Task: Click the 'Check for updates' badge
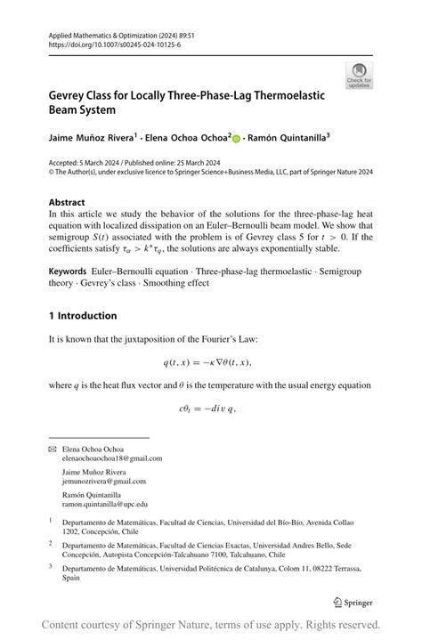coord(360,75)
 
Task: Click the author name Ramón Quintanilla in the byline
coord(288,138)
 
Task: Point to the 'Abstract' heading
coord(67,202)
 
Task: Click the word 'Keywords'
coord(68,268)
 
